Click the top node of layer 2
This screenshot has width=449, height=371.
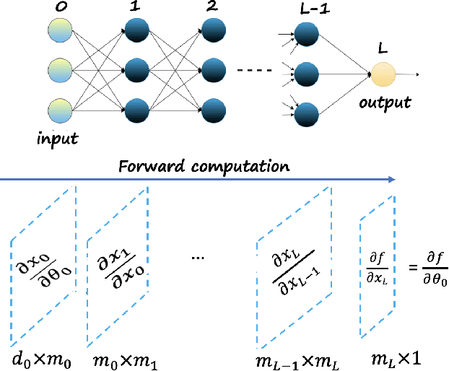click(213, 30)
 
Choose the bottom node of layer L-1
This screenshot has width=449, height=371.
click(306, 113)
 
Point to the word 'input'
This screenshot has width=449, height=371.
click(57, 136)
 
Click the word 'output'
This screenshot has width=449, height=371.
click(385, 102)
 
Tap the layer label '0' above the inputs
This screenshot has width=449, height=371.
click(58, 8)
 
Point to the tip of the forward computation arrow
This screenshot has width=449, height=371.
click(395, 179)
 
